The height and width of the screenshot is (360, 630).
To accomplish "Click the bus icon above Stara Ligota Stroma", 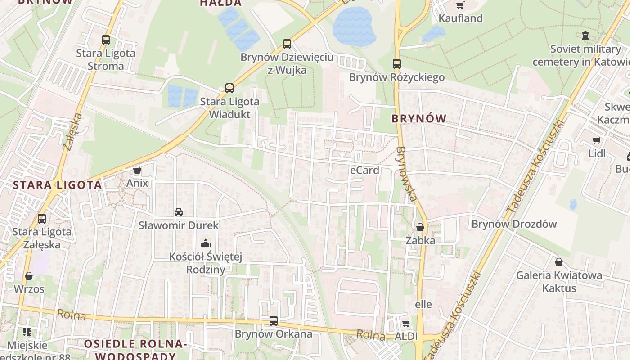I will pos(106,40).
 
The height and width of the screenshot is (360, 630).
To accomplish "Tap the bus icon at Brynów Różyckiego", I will pos(396,64).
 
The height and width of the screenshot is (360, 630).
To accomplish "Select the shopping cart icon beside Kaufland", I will pos(460,5).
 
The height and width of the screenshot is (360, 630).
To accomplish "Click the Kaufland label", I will pos(460,18).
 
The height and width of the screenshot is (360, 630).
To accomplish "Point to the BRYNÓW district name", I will pos(419,119).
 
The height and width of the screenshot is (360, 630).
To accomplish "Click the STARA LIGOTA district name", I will pos(57,185).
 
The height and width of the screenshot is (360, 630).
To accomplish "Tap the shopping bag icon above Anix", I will pos(137,170).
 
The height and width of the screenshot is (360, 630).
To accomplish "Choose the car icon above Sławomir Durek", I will pos(179,212).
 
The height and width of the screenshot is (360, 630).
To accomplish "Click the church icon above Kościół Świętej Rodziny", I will pos(206,243).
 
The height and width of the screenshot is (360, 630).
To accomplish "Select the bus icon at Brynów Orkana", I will pos(274,321).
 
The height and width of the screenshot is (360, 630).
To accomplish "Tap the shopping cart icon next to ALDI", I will pos(406,323).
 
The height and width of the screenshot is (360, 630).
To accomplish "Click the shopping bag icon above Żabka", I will pos(420,227).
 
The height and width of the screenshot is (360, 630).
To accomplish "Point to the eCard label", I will pos(364,170).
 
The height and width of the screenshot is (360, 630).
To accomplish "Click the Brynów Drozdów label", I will pos(514,224).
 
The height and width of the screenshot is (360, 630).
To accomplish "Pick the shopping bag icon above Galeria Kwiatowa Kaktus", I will pos(559,261).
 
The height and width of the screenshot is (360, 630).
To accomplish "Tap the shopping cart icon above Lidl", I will pos(597,140).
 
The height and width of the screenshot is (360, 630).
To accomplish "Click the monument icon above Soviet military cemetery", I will pos(585,36).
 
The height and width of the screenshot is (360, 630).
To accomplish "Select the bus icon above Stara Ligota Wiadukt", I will pos(229,88).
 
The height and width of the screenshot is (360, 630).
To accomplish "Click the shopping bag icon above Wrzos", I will pos(29,275).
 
